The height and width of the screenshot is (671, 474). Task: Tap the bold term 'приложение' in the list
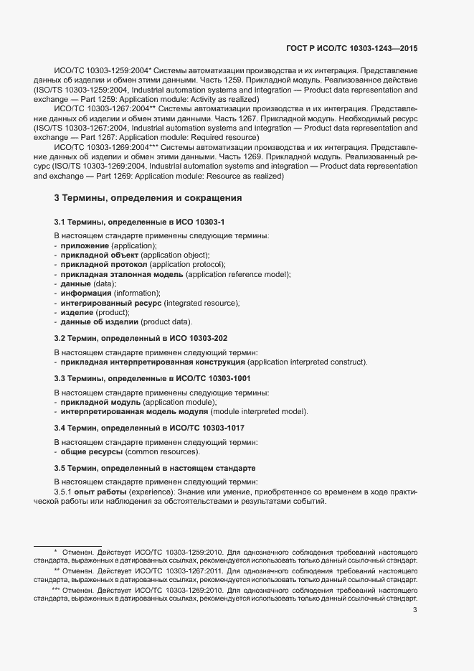click(84, 245)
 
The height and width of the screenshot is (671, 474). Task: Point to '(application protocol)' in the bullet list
click(187, 264)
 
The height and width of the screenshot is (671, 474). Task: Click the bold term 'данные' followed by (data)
click(77, 283)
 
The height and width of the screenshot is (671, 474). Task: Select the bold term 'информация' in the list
click(86, 293)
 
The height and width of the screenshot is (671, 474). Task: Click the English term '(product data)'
click(166, 322)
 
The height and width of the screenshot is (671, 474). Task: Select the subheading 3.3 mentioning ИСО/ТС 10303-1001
click(152, 377)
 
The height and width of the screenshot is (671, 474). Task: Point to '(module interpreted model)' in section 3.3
click(258, 411)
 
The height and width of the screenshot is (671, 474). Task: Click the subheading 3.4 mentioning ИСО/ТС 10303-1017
click(149, 428)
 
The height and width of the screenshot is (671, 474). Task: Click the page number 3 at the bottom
click(415, 610)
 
